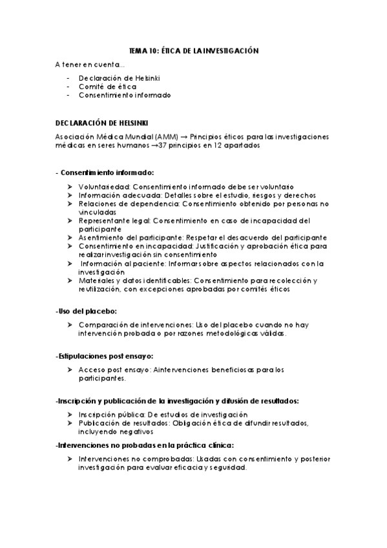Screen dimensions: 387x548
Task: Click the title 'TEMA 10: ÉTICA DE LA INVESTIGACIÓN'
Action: (x=193, y=51)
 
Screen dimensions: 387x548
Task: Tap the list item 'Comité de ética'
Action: (x=99, y=86)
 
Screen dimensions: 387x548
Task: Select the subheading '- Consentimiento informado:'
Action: (x=105, y=173)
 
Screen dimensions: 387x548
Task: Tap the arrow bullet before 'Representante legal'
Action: (x=69, y=220)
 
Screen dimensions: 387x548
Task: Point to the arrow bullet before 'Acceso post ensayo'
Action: (x=69, y=370)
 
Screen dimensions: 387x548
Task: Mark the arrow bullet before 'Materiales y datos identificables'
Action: (x=69, y=280)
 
